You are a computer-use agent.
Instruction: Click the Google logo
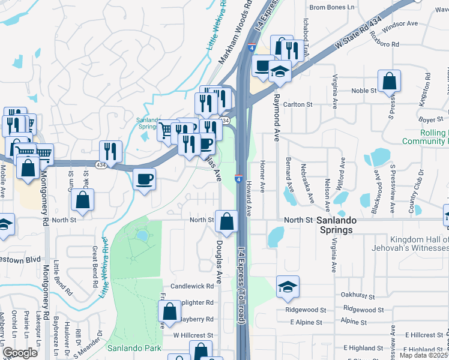coord(20,353)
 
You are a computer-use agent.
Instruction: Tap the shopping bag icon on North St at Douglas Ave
coord(226,221)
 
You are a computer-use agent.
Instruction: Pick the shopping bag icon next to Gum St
coord(83,200)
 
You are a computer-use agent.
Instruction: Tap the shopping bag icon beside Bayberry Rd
coord(169,311)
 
